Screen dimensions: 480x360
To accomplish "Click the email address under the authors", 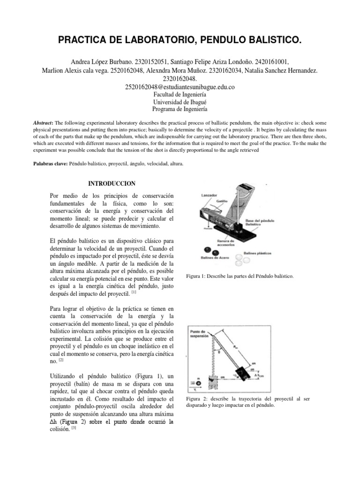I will tap(180, 87).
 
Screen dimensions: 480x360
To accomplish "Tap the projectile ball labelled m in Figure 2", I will tap(199, 382).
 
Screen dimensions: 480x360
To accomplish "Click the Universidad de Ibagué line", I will tap(180, 101).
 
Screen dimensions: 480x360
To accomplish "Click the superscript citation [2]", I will tap(61, 361).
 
